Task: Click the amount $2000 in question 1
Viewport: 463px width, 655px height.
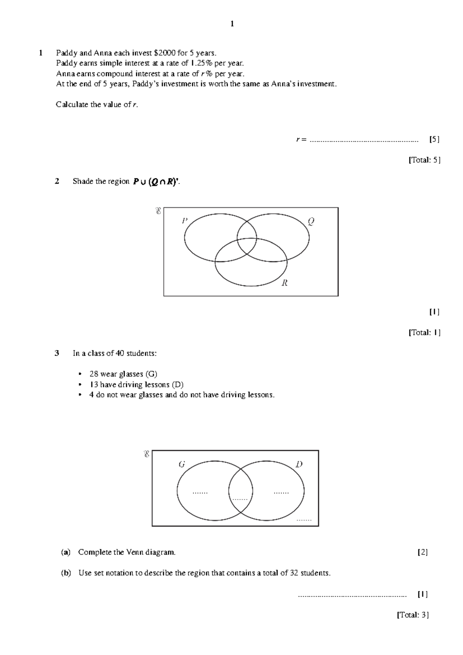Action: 165,53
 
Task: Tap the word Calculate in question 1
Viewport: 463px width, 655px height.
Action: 72,105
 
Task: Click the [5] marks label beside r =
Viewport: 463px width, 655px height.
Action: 434,139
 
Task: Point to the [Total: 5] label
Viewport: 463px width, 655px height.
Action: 424,160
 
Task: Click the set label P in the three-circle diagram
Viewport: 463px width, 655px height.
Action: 185,221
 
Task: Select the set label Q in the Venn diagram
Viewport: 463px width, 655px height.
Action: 311,221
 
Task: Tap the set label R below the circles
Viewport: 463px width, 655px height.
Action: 285,283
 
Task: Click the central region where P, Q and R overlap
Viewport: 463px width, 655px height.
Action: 247,246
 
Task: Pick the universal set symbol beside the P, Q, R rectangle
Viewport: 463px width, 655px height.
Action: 158,211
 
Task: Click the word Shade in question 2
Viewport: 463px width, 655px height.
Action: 82,182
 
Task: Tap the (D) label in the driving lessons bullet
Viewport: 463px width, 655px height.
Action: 178,385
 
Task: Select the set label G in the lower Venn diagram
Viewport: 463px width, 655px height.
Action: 181,465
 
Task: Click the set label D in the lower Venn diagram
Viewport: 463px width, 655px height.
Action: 299,465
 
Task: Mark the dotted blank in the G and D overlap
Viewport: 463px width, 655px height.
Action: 240,499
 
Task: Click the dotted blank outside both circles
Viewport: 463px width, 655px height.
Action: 304,520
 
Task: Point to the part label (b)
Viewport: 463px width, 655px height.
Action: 66,573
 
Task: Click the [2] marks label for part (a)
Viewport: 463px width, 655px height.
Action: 423,553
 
